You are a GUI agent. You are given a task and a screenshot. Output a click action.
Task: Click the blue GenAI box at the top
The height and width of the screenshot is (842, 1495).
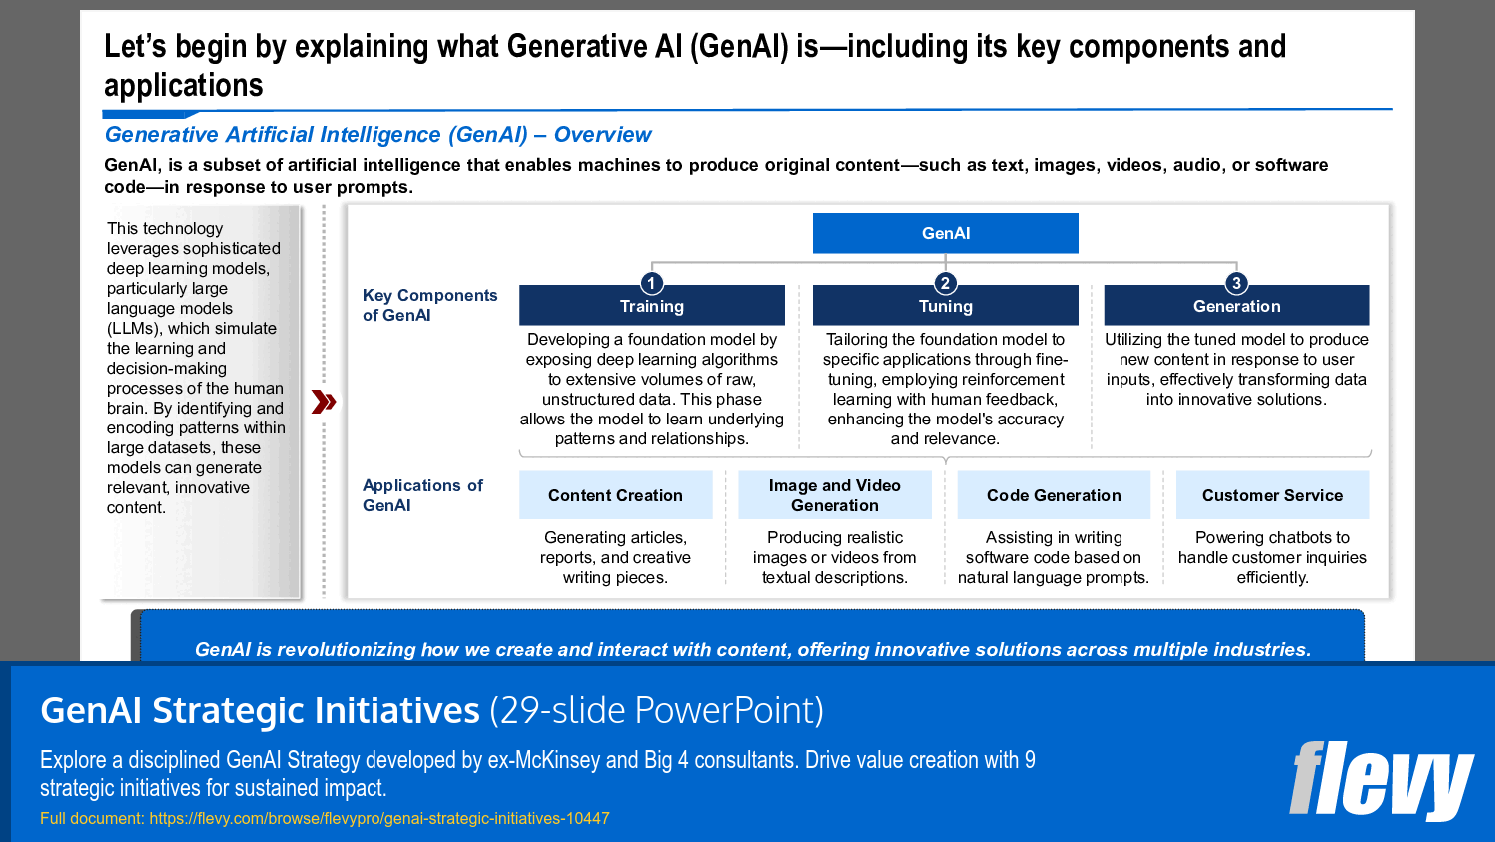(945, 233)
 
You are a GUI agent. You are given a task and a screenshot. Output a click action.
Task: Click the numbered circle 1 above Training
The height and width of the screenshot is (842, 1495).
(651, 283)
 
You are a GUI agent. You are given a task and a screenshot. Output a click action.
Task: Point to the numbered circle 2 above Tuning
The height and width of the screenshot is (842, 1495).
(945, 283)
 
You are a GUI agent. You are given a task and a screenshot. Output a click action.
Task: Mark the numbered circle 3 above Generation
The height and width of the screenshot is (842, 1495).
(1236, 283)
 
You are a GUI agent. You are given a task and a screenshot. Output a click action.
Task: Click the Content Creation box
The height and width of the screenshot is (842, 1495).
(615, 495)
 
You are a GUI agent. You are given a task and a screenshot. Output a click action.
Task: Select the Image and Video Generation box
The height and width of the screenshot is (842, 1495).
(834, 495)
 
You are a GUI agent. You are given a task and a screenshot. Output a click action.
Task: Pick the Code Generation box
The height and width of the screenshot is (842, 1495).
(1054, 495)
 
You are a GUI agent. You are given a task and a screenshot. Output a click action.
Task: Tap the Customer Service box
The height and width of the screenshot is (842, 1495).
(1272, 495)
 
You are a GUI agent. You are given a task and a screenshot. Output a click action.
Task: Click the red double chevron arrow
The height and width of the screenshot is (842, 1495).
(324, 402)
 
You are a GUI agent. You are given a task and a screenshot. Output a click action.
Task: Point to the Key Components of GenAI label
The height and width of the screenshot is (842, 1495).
(429, 305)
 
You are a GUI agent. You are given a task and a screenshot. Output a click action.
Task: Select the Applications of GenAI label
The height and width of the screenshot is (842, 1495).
(422, 495)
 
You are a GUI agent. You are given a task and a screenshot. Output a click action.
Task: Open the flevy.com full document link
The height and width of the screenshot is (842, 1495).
(379, 818)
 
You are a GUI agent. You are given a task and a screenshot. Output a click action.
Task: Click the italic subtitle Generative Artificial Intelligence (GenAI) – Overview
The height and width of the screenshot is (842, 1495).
(377, 135)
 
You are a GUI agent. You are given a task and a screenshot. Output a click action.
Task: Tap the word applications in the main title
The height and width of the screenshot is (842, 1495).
(184, 87)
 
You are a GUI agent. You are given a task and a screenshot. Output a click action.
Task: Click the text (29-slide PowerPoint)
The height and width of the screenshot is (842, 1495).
(656, 711)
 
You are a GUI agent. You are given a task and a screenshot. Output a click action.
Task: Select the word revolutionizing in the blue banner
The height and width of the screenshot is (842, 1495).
(346, 650)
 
